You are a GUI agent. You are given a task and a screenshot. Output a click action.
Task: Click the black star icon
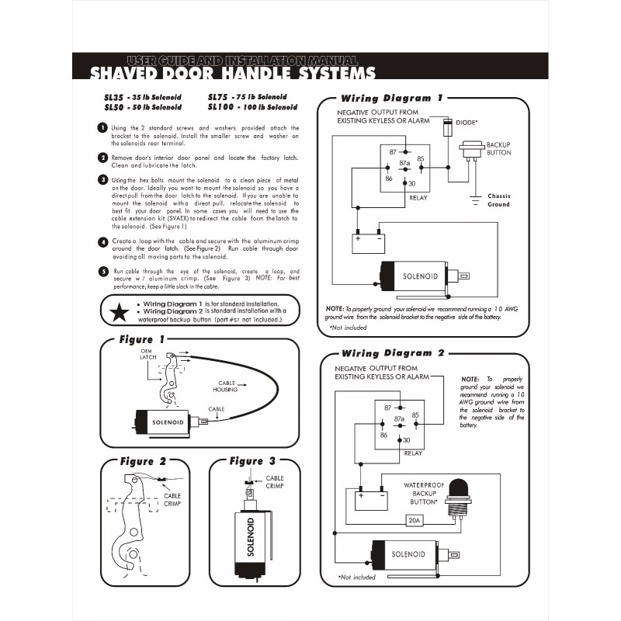pos(119,312)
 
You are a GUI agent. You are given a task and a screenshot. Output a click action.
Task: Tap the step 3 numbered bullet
pos(102,180)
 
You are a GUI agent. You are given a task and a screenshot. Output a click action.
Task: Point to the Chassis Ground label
pos(499,200)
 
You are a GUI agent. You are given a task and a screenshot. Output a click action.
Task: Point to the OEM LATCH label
pos(148,354)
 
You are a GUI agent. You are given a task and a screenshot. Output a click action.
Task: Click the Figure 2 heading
pos(142,461)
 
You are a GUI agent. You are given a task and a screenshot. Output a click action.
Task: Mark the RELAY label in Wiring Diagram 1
pos(418,197)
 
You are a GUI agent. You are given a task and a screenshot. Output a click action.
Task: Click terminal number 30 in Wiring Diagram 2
pos(407,440)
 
